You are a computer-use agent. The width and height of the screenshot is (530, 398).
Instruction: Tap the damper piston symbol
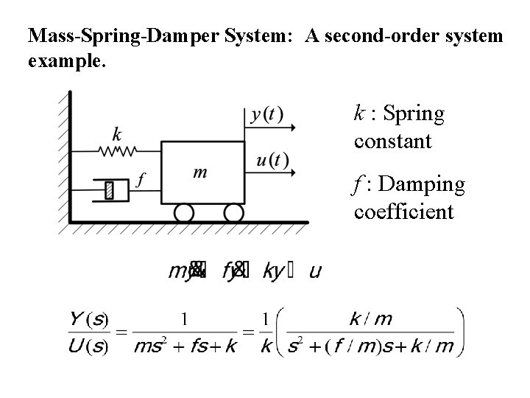click(109, 190)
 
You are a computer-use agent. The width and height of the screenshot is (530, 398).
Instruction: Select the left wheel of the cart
click(183, 213)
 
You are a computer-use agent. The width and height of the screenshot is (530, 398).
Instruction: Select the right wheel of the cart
click(233, 213)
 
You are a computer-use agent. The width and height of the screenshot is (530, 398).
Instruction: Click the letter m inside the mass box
click(199, 172)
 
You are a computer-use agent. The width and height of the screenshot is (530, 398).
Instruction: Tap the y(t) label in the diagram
click(266, 115)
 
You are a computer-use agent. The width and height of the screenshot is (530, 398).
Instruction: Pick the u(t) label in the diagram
click(272, 160)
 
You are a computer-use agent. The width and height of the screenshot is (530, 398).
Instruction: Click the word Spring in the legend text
click(414, 115)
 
